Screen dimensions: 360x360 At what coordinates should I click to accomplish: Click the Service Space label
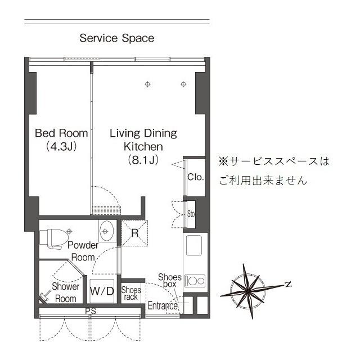(116, 38)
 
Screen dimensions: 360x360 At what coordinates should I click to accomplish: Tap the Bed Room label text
(61, 133)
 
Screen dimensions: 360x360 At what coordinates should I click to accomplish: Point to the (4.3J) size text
(61, 147)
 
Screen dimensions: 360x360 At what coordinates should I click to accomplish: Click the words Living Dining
(143, 133)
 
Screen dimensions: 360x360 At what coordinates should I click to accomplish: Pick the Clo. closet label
(196, 177)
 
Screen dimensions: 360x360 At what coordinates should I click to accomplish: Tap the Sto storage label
(191, 213)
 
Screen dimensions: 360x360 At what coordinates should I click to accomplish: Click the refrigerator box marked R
(134, 232)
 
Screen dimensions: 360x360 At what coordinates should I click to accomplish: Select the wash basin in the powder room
(106, 231)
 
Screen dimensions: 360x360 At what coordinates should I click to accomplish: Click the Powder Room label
(83, 251)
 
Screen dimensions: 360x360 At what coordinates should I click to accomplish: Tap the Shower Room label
(65, 292)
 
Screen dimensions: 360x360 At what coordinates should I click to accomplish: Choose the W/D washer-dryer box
(102, 291)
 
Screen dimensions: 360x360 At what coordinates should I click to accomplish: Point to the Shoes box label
(169, 281)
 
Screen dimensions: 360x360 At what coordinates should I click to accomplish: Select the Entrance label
(163, 306)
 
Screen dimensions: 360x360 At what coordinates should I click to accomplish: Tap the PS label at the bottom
(90, 310)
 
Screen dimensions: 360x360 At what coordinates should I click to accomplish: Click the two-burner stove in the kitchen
(196, 280)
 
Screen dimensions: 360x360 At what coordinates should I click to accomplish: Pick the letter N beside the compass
(287, 285)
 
